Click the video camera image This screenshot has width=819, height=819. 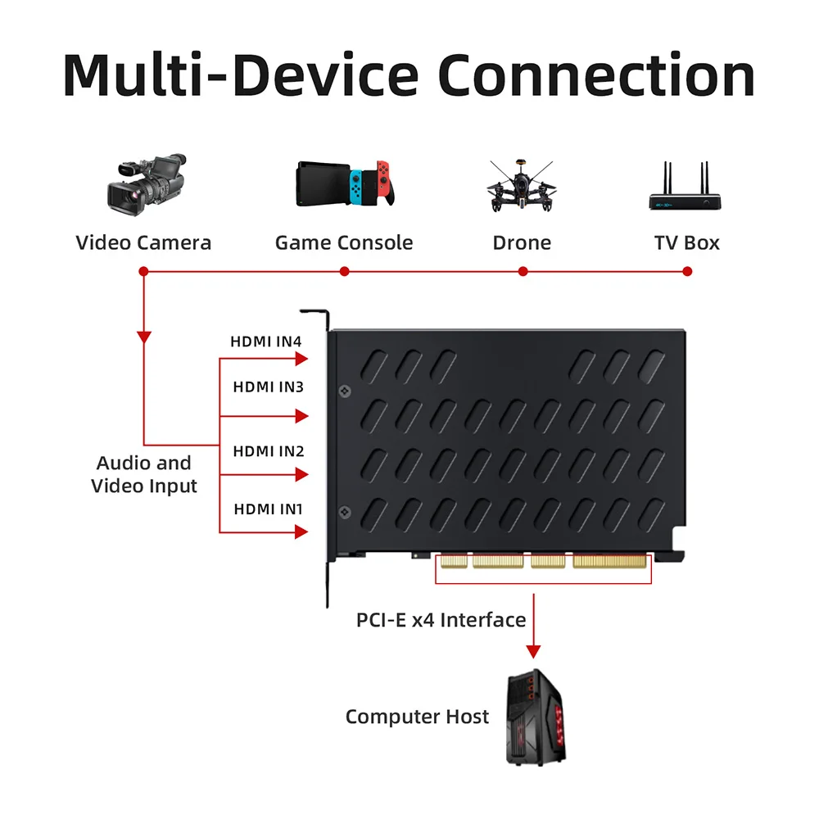(x=147, y=183)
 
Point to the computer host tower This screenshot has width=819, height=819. (x=536, y=717)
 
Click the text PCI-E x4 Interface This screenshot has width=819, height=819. (x=441, y=620)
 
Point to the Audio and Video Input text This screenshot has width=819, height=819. (x=144, y=474)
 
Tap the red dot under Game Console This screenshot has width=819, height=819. (x=344, y=271)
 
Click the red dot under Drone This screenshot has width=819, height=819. (x=523, y=271)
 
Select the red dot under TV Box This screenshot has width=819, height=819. (x=687, y=271)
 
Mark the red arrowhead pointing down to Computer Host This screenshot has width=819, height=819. (x=533, y=651)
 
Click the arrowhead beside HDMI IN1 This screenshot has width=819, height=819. (x=301, y=532)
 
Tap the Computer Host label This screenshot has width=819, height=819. (x=417, y=717)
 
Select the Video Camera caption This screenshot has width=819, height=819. (x=143, y=243)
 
